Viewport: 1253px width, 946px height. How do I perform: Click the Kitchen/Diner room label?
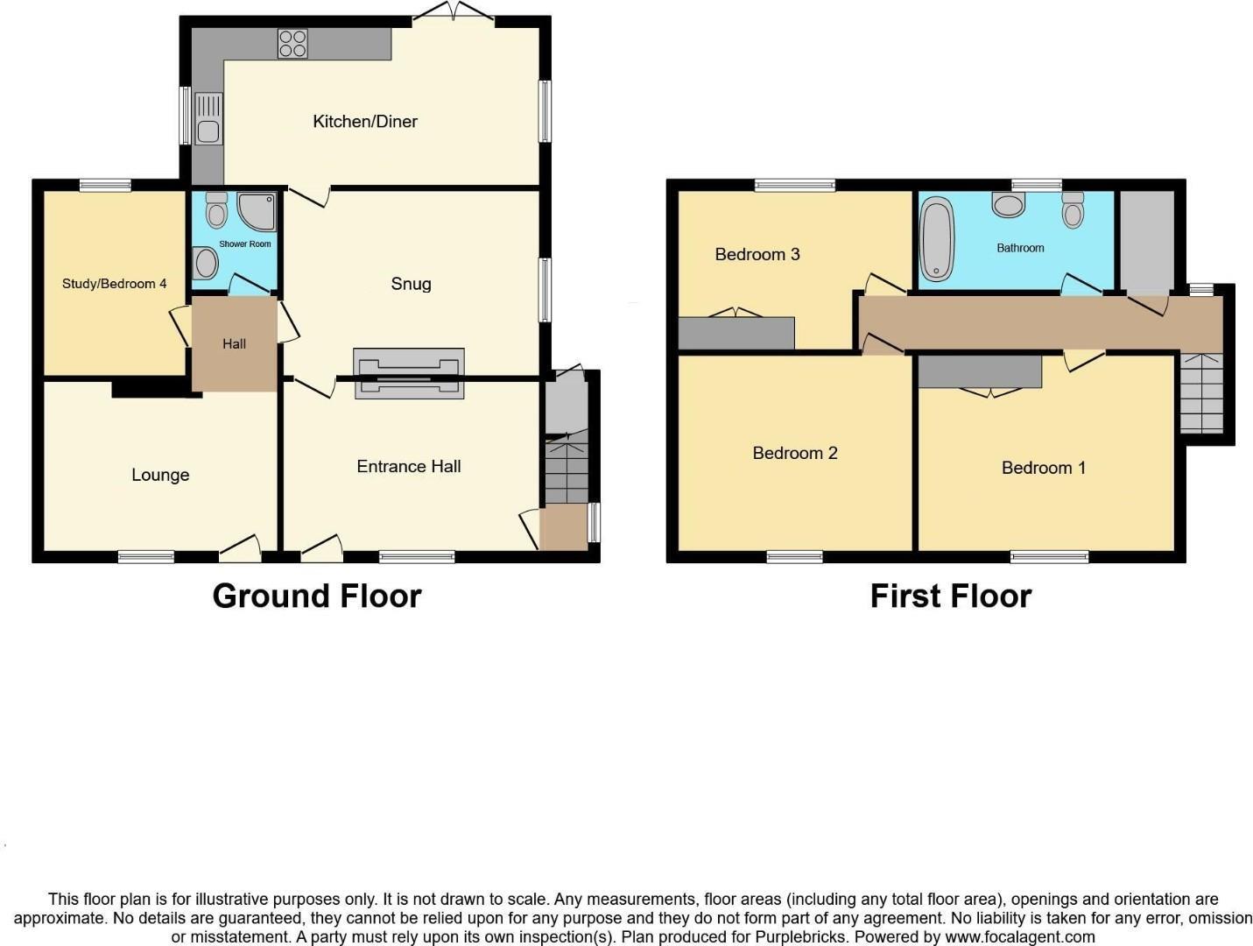click(x=365, y=122)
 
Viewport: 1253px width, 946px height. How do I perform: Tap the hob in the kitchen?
click(x=292, y=44)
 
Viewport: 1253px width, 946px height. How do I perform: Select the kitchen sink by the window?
click(x=208, y=120)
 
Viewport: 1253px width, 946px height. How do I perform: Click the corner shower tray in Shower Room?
click(x=257, y=211)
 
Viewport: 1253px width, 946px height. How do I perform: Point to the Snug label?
click(x=411, y=284)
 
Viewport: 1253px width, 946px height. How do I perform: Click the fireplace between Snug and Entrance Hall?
click(x=409, y=374)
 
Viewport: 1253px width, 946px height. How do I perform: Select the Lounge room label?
click(x=160, y=475)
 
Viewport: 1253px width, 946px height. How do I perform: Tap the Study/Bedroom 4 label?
click(x=114, y=284)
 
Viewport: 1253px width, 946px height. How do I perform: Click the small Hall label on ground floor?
click(x=234, y=344)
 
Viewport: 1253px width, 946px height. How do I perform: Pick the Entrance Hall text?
click(x=409, y=467)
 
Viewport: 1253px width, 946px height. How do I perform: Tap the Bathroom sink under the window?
click(x=1010, y=205)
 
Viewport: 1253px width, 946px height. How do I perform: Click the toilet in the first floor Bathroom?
click(x=1073, y=210)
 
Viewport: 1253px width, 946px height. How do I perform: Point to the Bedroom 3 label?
click(x=757, y=255)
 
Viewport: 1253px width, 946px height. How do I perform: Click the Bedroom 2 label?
click(x=795, y=453)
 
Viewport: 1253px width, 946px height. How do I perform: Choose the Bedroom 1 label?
click(x=1044, y=468)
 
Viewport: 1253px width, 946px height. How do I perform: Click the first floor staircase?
click(x=1201, y=394)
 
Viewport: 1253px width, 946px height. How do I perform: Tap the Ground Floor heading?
click(x=317, y=596)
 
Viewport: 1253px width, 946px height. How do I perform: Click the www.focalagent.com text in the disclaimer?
click(x=1020, y=936)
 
